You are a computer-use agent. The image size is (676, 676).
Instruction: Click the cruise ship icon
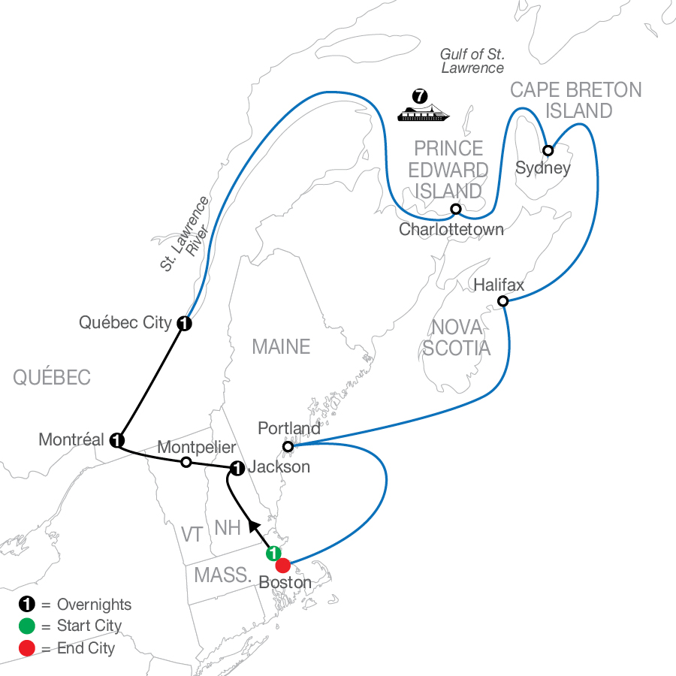423,112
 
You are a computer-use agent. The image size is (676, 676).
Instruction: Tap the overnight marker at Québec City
185,323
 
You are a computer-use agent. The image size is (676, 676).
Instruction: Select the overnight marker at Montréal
117,440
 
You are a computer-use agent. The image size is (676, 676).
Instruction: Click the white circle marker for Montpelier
186,462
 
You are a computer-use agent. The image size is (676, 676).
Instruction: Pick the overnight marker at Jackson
237,468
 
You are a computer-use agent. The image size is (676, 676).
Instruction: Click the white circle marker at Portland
288,447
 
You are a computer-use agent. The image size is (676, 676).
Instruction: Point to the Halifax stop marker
502,301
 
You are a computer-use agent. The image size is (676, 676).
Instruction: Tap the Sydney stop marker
548,150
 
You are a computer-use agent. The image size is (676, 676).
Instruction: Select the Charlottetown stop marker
456,209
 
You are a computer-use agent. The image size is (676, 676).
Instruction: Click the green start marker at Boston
273,553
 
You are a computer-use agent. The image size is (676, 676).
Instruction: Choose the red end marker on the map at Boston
283,565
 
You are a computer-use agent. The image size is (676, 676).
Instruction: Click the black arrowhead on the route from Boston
255,527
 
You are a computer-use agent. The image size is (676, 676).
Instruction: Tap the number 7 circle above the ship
420,95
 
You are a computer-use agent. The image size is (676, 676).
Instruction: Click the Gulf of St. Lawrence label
472,61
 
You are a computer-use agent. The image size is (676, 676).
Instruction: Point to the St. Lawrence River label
186,234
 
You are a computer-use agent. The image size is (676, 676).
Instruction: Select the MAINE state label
281,346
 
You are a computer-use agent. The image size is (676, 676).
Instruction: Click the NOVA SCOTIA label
457,337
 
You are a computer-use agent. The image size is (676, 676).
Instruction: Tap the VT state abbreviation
192,535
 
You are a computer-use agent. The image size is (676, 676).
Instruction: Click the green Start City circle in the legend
27,626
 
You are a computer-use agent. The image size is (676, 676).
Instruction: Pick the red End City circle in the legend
27,648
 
